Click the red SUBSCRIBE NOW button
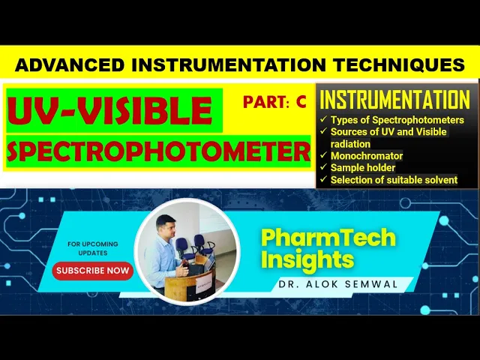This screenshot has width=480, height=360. click(x=93, y=271)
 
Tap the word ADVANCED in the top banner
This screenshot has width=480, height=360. click(x=70, y=65)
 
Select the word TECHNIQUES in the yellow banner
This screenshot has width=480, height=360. click(x=399, y=65)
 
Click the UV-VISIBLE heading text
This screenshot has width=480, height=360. click(x=110, y=111)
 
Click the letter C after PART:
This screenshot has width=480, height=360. click(x=301, y=102)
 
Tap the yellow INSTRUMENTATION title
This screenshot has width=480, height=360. click(x=394, y=99)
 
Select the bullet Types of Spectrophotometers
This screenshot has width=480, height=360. click(x=397, y=120)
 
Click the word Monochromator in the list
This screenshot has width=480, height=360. click(x=367, y=156)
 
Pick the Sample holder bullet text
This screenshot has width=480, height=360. click(x=363, y=168)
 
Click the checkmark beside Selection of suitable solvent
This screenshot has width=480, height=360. click(x=323, y=179)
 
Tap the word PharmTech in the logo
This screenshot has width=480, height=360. click(x=328, y=238)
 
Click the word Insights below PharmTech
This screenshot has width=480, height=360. click(x=307, y=259)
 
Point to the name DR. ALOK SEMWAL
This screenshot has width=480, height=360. click(x=338, y=284)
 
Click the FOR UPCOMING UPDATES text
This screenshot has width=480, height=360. click(x=93, y=248)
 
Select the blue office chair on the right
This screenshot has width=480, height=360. click(x=203, y=244)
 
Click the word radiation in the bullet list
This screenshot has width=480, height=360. click(x=350, y=144)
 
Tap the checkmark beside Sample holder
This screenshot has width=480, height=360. click(x=323, y=167)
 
